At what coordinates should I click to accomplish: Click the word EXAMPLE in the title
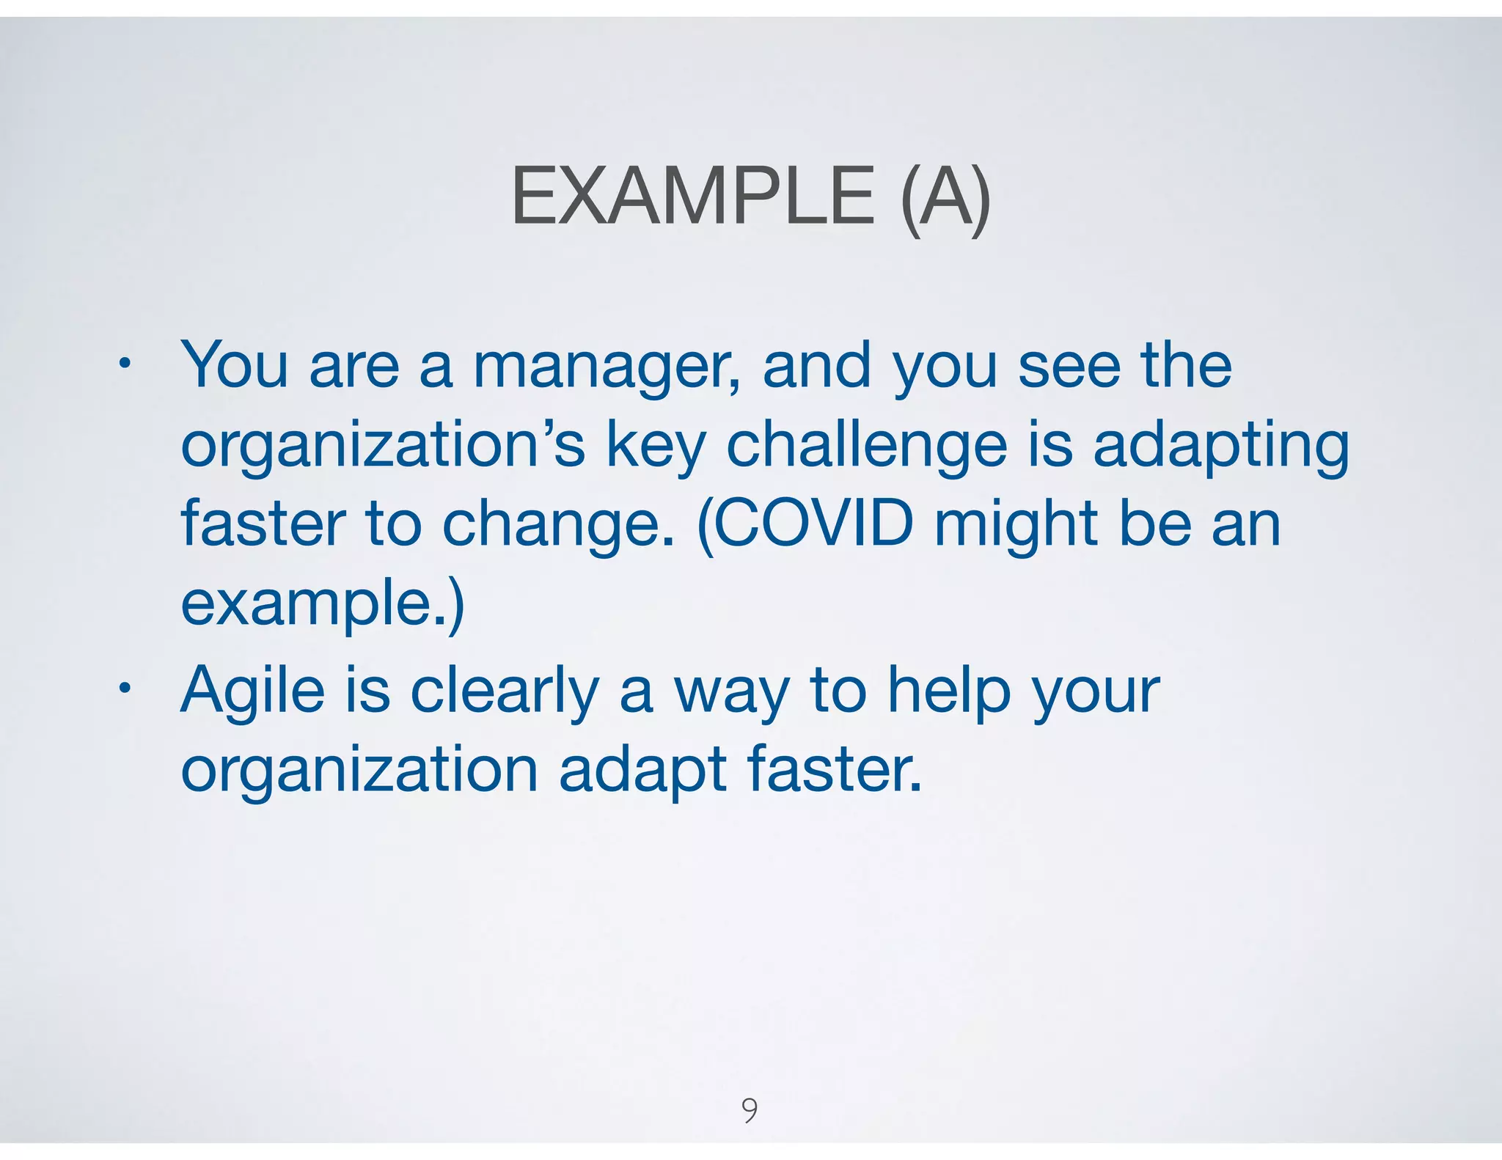pos(692,196)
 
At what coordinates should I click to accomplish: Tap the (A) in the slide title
pos(945,197)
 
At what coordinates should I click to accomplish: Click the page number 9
pos(750,1109)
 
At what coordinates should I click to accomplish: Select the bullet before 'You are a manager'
pos(125,363)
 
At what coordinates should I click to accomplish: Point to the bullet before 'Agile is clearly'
pos(125,689)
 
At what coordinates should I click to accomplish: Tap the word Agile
pos(252,691)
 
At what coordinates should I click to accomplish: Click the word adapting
pos(1220,446)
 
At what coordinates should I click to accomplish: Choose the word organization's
pos(382,446)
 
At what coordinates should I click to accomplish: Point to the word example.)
pos(322,603)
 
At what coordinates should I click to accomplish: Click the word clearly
pos(505,691)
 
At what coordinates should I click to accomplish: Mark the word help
pos(949,691)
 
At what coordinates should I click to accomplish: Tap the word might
pos(1015,524)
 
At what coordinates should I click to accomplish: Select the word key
pos(656,446)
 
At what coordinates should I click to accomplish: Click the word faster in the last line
pos(834,768)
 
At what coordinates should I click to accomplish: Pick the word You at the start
pos(234,365)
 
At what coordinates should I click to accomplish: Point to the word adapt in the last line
pos(642,770)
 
